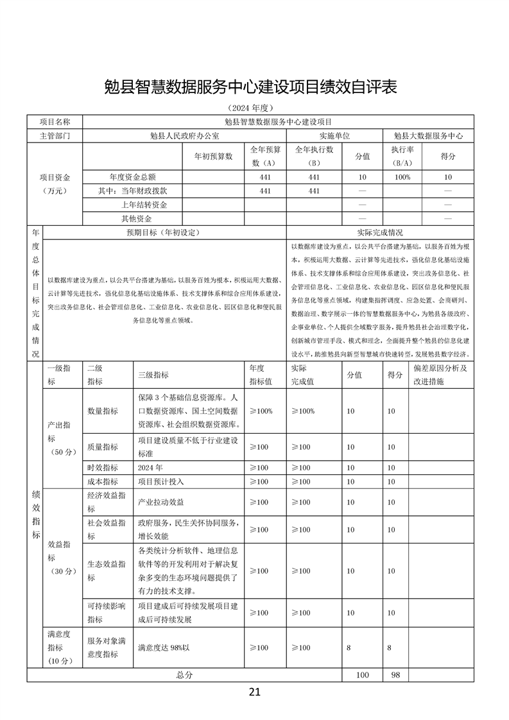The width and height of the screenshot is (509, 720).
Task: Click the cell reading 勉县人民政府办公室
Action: click(x=184, y=136)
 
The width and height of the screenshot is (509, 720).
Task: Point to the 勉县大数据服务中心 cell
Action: click(x=429, y=136)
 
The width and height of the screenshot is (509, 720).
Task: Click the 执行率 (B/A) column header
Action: click(x=402, y=156)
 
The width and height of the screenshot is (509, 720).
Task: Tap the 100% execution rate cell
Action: click(x=402, y=176)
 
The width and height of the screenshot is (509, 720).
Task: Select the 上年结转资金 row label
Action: click(x=144, y=205)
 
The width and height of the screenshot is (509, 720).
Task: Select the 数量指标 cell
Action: click(x=103, y=411)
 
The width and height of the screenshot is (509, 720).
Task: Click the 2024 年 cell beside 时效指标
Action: click(x=151, y=467)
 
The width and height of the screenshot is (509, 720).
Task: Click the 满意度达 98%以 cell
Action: click(x=164, y=647)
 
